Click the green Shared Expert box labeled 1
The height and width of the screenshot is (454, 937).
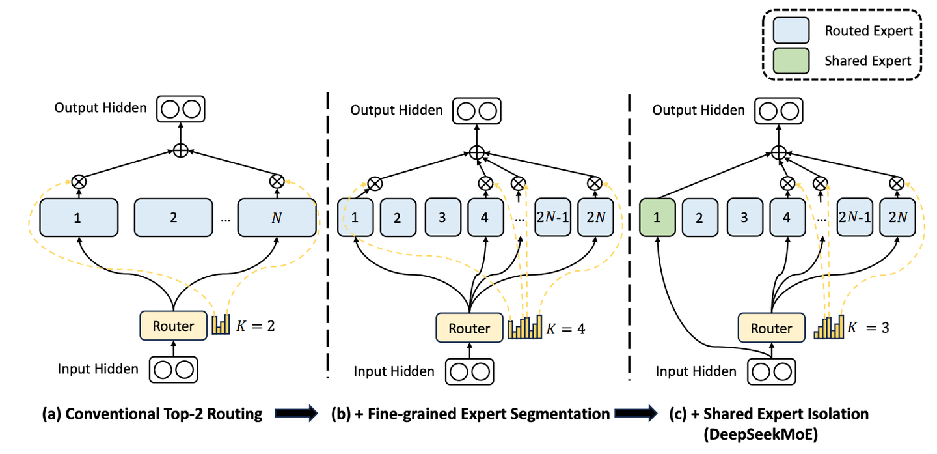[x=657, y=218]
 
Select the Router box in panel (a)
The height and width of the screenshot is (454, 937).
[x=173, y=326]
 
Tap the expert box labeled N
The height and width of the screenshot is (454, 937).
[x=277, y=218]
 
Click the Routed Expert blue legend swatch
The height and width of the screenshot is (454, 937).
[x=791, y=31]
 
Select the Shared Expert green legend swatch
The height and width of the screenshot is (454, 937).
[x=791, y=61]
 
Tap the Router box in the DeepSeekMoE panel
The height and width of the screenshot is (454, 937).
[x=771, y=328]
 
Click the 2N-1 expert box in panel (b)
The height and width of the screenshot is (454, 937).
[x=552, y=218]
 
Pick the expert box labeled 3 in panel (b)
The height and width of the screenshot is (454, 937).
[x=442, y=218]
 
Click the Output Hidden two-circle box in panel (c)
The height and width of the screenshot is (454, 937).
[x=779, y=109]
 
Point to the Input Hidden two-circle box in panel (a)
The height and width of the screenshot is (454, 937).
[x=173, y=369]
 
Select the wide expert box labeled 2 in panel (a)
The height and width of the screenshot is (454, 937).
[x=173, y=218]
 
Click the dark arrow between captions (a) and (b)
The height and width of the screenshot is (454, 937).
[x=296, y=414]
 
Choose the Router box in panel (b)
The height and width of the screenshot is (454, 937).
[x=468, y=328]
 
